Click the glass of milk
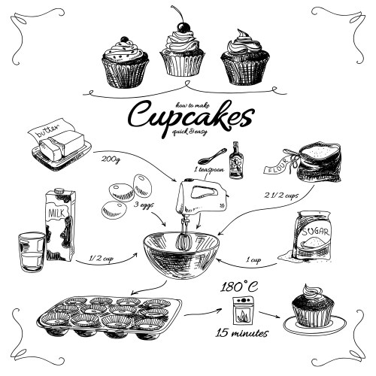[31, 251]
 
